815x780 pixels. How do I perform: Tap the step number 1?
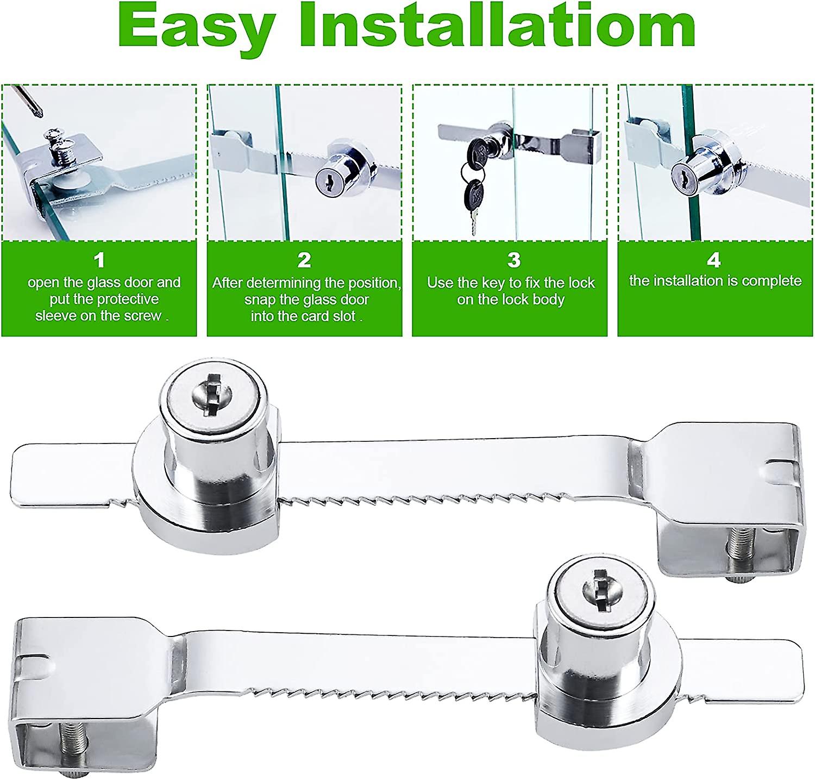[x=99, y=260]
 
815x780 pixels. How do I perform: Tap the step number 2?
[x=304, y=260]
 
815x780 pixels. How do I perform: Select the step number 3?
[x=513, y=260]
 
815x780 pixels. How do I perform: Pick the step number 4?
[x=713, y=260]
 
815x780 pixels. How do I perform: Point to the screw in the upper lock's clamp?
[x=737, y=553]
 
